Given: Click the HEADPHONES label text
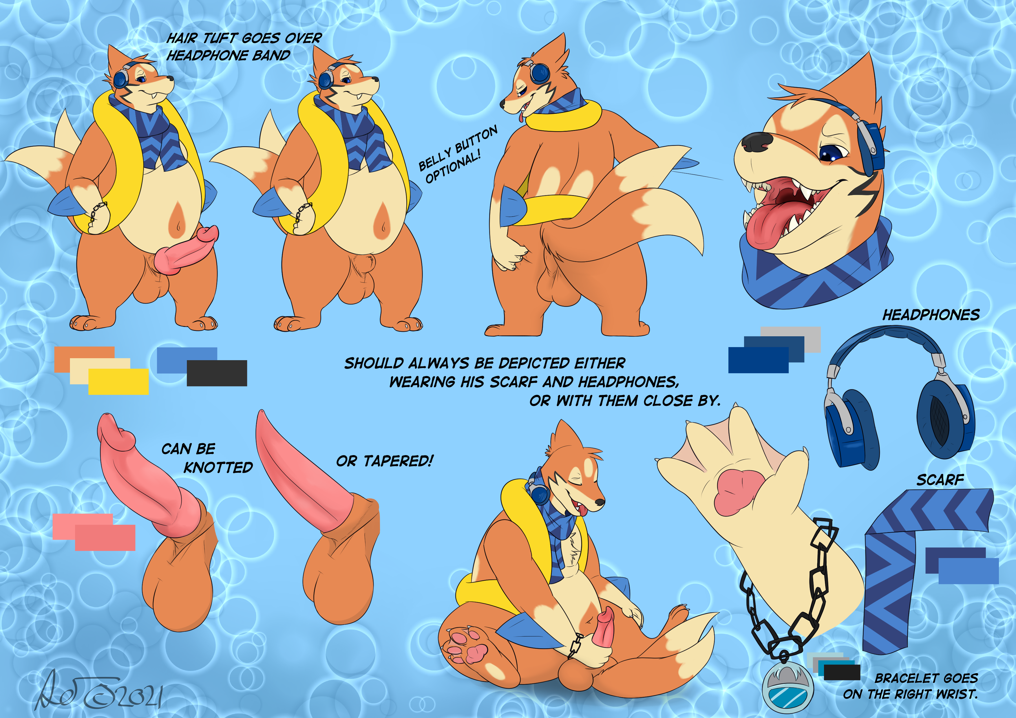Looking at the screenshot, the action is point(931,315).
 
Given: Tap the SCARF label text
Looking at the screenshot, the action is point(940,479).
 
